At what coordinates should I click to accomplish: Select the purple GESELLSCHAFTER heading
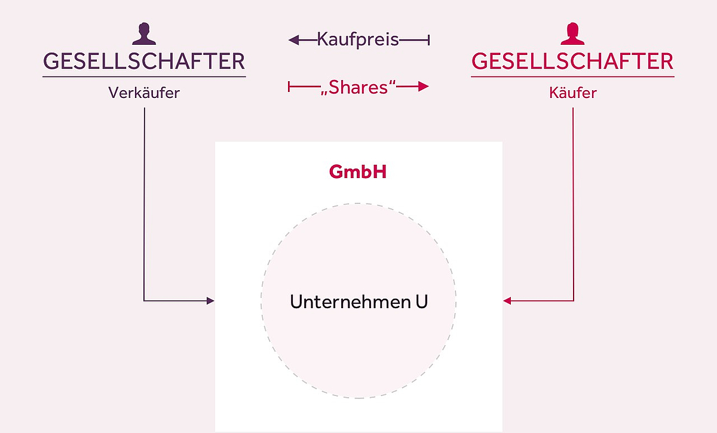coord(144,62)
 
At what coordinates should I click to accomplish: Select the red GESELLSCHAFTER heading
coord(572,62)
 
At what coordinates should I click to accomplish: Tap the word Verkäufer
coord(144,93)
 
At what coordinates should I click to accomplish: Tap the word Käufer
coord(572,93)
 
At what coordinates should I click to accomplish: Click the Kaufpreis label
coord(358,40)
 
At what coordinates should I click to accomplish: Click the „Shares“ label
coord(358,87)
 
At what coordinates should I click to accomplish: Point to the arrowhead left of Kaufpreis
coord(293,40)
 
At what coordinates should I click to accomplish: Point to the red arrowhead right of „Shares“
coord(424,87)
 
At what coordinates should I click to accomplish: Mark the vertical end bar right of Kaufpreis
coord(428,40)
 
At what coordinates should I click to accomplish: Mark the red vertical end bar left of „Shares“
coord(289,87)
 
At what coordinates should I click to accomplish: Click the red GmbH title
coord(358,173)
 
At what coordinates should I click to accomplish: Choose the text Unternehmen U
coord(358,302)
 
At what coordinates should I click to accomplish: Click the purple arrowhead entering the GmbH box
coord(210,300)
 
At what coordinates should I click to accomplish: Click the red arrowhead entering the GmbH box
coord(507,300)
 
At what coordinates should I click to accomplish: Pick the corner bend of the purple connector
coord(145,300)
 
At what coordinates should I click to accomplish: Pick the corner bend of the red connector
coord(573,300)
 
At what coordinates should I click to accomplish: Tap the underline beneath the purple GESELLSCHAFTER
coord(144,76)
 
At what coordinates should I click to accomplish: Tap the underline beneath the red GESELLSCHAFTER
coord(572,76)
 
